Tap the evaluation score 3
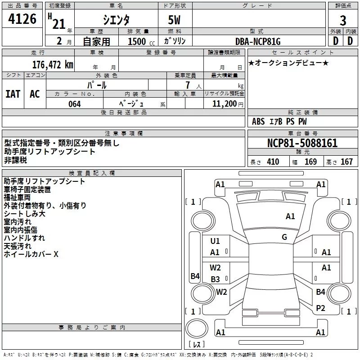(343, 21)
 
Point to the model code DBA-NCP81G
(258, 42)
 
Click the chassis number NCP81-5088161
(302, 143)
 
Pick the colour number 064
(74, 104)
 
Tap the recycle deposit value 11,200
(224, 104)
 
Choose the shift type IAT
(13, 94)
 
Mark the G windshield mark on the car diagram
(284, 237)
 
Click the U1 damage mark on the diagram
(215, 241)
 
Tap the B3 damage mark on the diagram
(215, 279)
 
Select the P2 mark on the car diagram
(320, 308)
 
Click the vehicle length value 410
(273, 162)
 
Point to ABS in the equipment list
(258, 121)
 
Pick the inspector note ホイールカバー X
(31, 254)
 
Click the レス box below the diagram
(197, 345)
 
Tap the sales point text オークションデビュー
(288, 63)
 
